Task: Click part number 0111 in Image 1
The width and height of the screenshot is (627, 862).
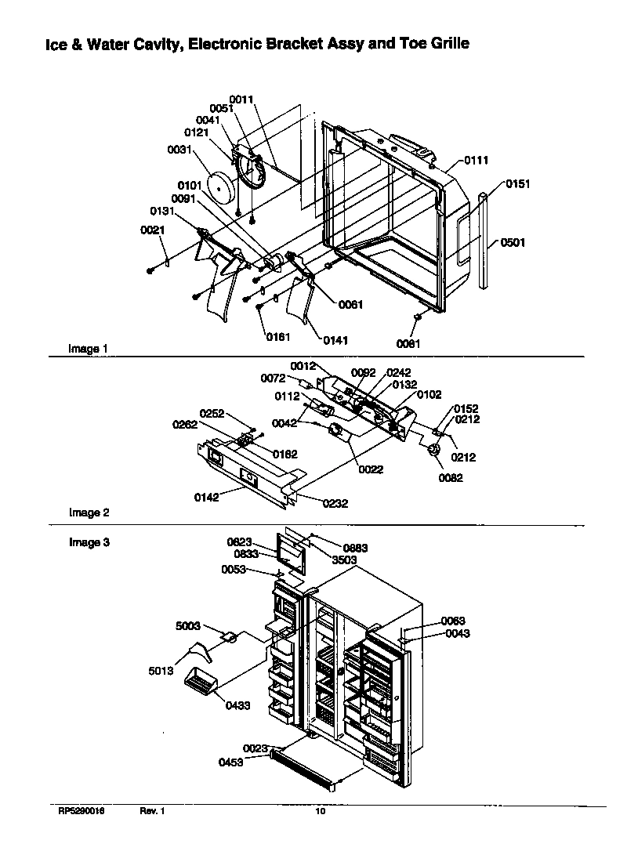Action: tap(476, 160)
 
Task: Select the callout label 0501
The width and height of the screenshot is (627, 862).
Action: tap(513, 243)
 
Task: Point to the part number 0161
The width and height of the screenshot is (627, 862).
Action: tap(277, 337)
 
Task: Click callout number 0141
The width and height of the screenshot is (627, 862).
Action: tap(335, 340)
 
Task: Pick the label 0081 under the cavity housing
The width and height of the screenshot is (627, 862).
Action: tap(408, 343)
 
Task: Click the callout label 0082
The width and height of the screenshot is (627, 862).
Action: tap(450, 478)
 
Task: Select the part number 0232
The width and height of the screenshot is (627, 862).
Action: tap(333, 504)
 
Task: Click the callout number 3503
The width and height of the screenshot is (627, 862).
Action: tap(344, 560)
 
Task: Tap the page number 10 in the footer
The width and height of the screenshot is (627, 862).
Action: tap(320, 812)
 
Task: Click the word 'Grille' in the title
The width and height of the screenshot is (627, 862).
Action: tap(446, 44)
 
